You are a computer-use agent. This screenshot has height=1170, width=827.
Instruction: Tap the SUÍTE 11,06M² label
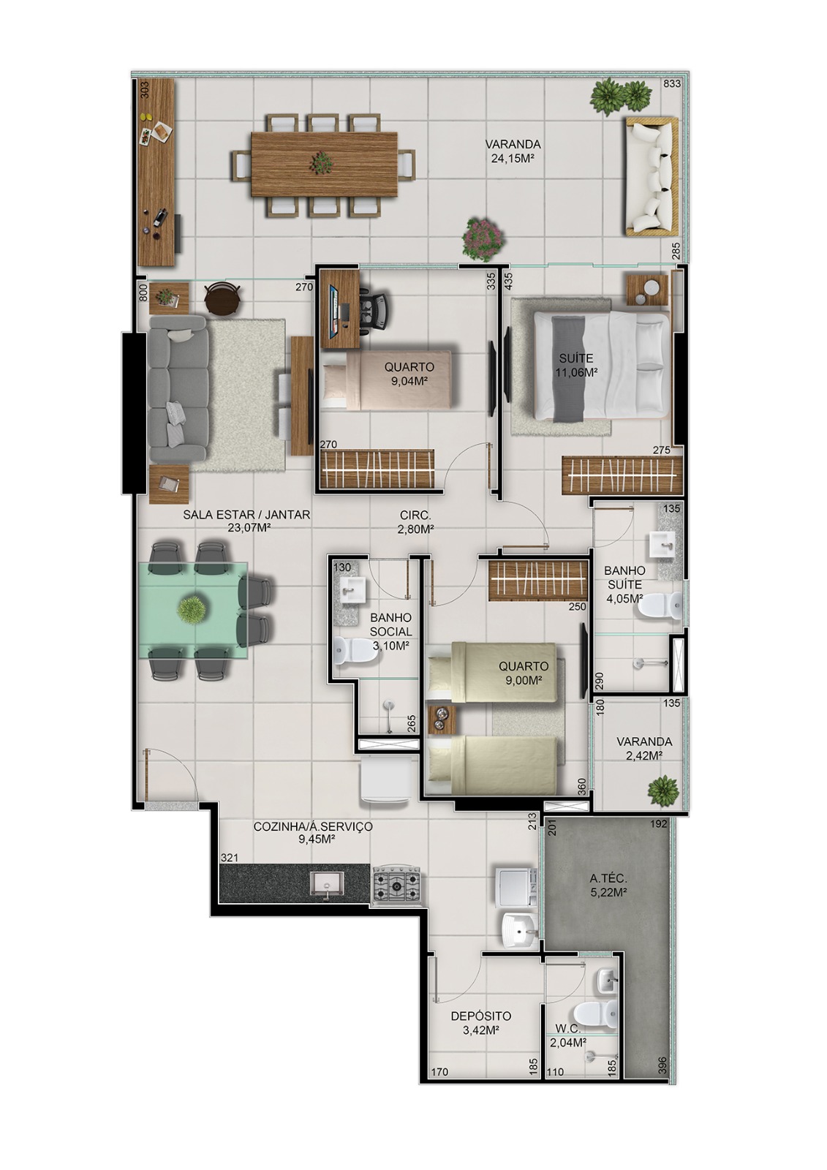576,365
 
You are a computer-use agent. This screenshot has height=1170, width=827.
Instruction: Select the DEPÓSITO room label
480,1023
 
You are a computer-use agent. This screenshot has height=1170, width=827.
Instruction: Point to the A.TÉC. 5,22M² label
608,885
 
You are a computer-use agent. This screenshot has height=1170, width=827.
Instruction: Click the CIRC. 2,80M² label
415,521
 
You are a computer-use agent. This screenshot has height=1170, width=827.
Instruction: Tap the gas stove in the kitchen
397,885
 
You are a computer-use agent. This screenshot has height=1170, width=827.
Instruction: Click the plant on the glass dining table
192,609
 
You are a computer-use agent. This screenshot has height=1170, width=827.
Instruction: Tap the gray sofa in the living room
178,395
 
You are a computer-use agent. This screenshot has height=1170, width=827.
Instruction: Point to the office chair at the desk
375,308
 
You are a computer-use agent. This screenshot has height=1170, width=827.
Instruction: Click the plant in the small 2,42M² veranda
663,790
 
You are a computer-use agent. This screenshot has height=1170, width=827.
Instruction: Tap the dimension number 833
671,84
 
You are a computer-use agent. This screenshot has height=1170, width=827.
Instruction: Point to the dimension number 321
230,857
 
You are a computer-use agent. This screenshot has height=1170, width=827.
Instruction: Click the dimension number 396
662,1062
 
